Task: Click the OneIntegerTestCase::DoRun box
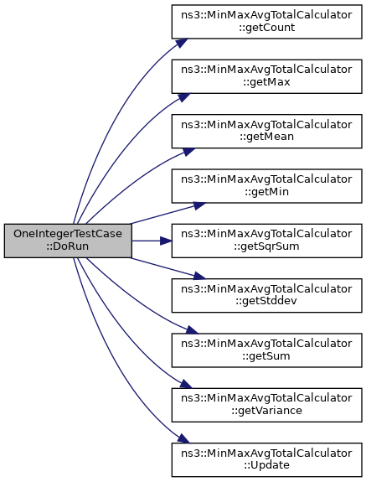click(68, 241)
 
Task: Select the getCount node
click(266, 22)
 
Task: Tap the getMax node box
click(266, 76)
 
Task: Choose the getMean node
click(266, 132)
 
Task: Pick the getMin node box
click(266, 186)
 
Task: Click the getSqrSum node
click(266, 241)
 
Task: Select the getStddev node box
click(266, 295)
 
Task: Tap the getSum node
click(266, 350)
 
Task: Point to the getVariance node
click(266, 405)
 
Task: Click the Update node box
click(266, 459)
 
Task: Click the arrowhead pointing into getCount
click(182, 43)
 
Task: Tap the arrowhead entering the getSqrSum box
click(166, 241)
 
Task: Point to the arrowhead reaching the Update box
click(183, 438)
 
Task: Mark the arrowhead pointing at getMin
click(199, 205)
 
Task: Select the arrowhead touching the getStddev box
click(199, 276)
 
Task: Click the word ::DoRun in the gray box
click(68, 246)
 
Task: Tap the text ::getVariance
click(266, 411)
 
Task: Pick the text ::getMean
click(266, 137)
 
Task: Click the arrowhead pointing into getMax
click(184, 97)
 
